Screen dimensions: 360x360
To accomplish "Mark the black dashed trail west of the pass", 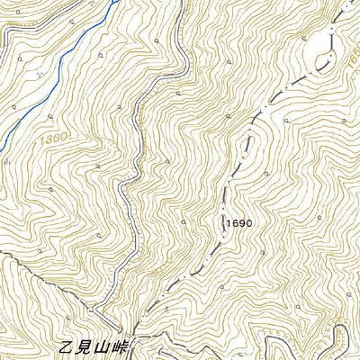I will click(54, 288).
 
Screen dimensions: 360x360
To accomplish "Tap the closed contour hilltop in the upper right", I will click(321, 54).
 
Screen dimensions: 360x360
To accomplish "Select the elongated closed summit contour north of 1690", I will click(251, 144).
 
